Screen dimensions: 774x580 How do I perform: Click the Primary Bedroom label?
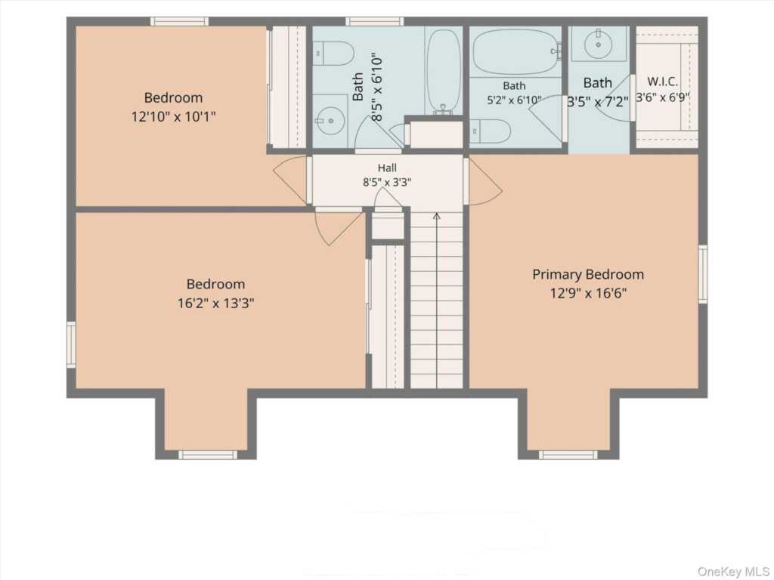(588, 274)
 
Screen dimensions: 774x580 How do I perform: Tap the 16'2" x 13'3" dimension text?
(215, 303)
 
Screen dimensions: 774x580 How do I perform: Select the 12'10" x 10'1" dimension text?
(173, 117)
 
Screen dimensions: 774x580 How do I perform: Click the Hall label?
(387, 168)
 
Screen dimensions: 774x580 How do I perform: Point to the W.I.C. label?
(662, 82)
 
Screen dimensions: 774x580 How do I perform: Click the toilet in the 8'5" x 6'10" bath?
(333, 54)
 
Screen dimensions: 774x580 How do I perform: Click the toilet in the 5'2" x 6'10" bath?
(490, 131)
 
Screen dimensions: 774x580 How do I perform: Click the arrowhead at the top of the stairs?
(436, 216)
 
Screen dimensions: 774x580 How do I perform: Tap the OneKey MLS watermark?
(733, 571)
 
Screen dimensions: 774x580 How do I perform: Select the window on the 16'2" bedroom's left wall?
(71, 344)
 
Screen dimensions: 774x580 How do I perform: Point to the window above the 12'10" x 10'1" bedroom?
(179, 21)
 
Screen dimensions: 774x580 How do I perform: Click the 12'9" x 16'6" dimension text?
(588, 294)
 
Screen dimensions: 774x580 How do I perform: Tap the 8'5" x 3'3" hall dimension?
(387, 182)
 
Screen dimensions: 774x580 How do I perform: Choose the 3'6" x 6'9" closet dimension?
(662, 97)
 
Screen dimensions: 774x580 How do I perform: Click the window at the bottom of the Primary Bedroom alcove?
(568, 455)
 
